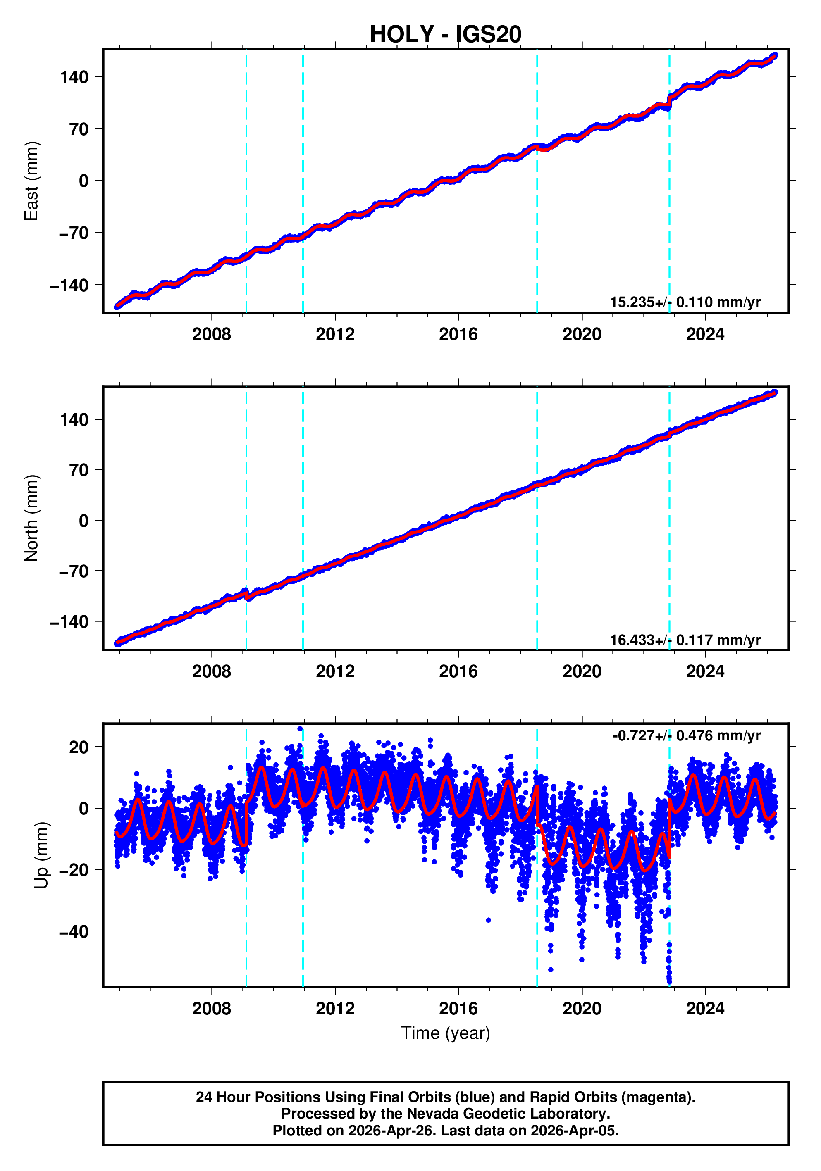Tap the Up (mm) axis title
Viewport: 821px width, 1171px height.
tap(42, 855)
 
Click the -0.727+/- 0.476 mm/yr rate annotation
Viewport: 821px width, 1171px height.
tap(686, 735)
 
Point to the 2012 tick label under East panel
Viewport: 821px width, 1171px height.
tap(335, 335)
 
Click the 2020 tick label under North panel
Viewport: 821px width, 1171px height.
tap(582, 672)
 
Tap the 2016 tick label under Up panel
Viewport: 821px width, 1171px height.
tap(458, 1008)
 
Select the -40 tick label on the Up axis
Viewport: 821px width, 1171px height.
tap(74, 932)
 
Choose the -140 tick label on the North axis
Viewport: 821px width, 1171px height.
tap(69, 622)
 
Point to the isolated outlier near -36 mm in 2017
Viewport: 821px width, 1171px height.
tap(488, 920)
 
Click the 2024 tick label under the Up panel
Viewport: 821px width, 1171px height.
tap(705, 1008)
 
